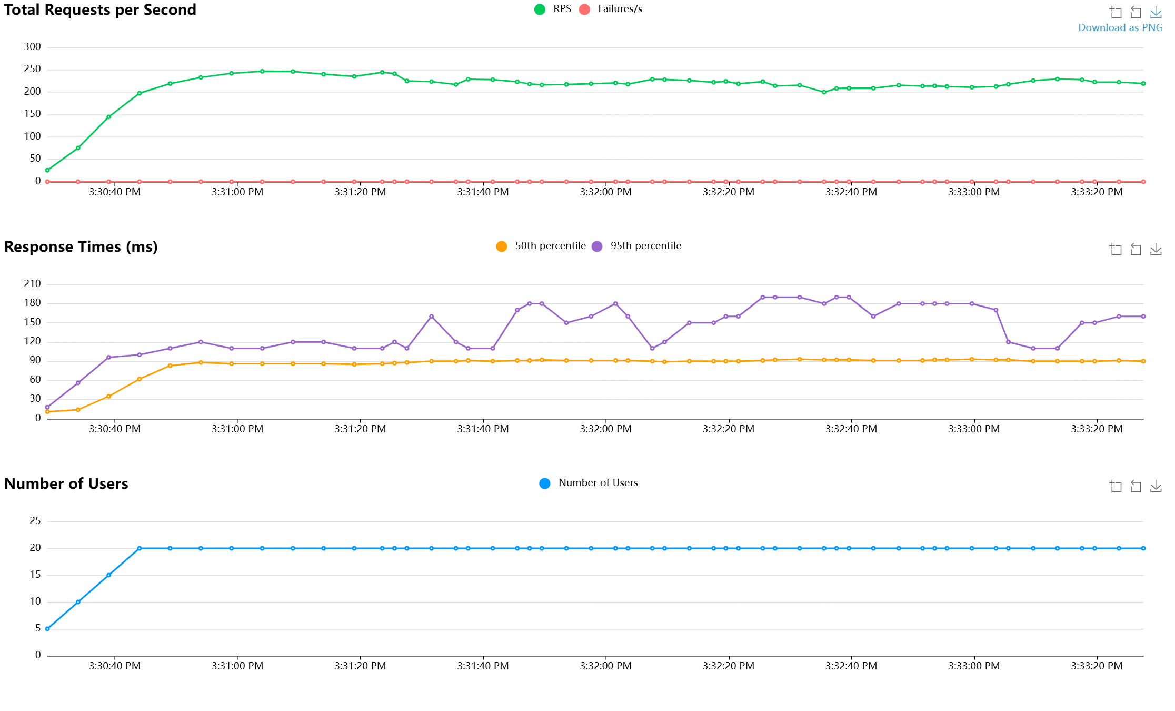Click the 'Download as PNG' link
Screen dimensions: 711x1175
tap(1120, 28)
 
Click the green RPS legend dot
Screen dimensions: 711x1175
tap(540, 9)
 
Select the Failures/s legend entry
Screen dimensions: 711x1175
tap(611, 9)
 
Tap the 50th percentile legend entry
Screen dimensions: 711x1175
tap(541, 246)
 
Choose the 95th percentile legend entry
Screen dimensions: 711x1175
tap(636, 246)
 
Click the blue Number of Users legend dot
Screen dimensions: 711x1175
tap(545, 483)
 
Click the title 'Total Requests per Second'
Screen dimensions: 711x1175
tap(100, 10)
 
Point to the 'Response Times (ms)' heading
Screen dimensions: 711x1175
tap(81, 247)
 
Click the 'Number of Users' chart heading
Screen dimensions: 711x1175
tap(66, 484)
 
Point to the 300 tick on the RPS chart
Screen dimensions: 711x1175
tap(33, 47)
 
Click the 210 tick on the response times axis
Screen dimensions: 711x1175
tap(33, 284)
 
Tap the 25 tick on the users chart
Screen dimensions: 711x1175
tap(35, 521)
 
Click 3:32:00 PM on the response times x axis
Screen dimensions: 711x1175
tap(605, 429)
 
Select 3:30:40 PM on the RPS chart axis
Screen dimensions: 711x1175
tap(115, 192)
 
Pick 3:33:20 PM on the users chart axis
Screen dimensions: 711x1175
tap(1097, 666)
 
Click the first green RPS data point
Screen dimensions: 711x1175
tap(47, 170)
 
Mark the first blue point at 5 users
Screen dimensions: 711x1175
tap(47, 629)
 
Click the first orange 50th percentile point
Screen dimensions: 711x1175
tap(47, 412)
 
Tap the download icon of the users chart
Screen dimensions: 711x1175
tap(1156, 486)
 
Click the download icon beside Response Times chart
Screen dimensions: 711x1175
tap(1156, 249)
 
